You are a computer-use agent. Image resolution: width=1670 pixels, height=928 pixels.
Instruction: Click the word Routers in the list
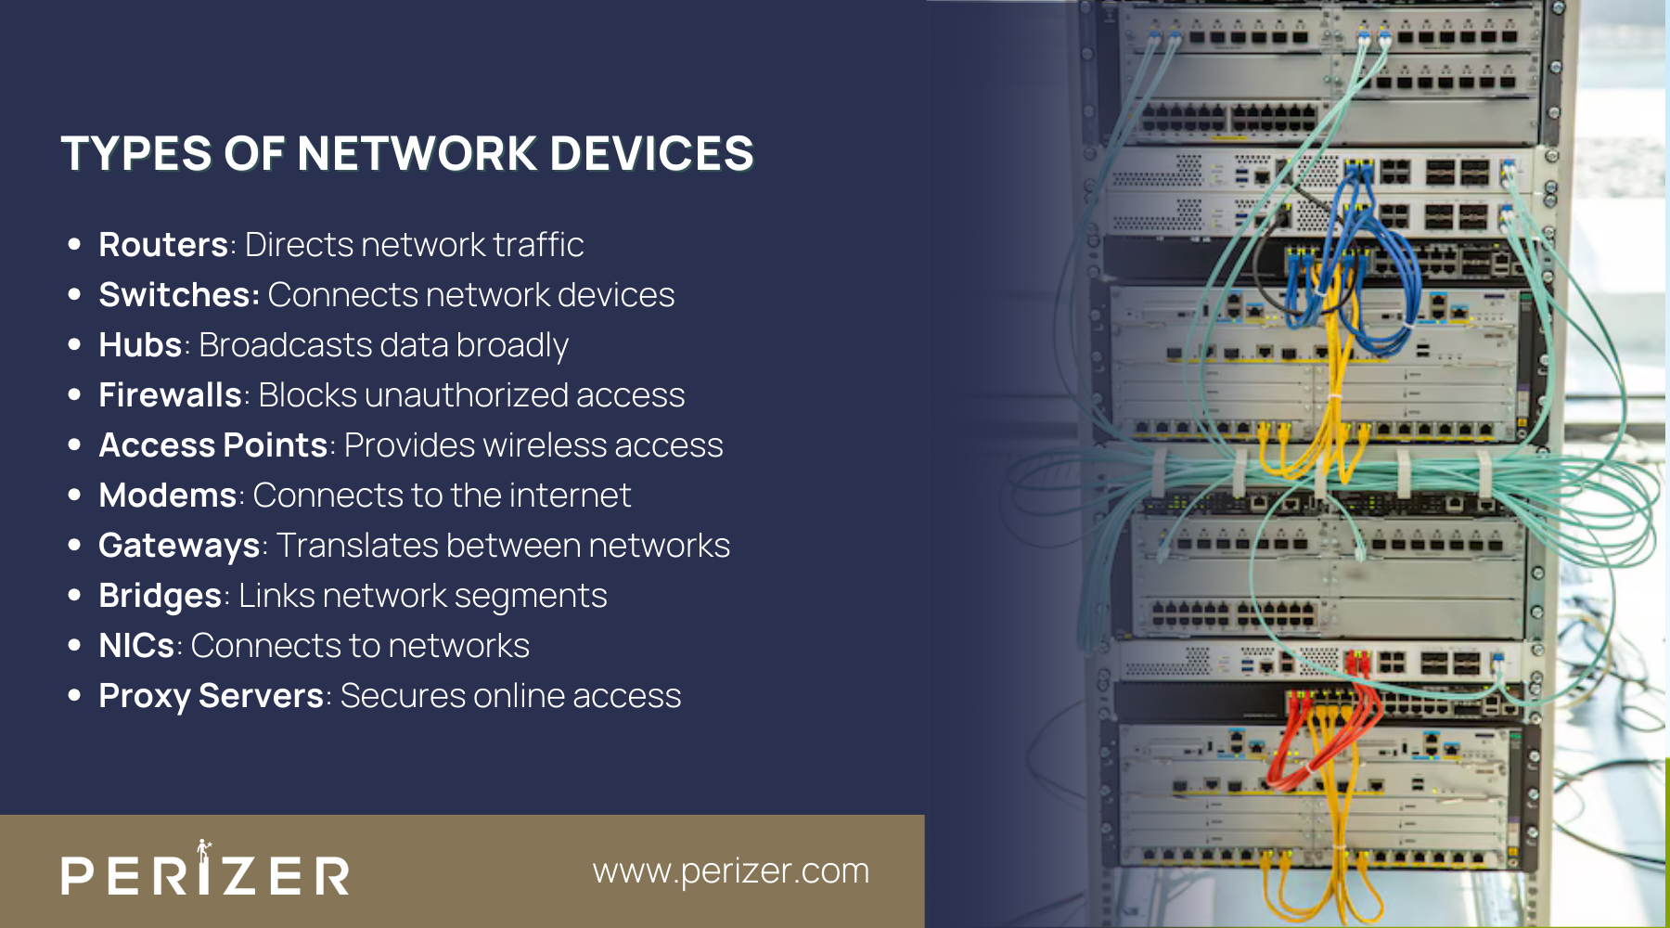163,245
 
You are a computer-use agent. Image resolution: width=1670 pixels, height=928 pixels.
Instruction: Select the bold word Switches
178,295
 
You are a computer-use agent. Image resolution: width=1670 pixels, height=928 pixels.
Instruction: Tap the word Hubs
140,345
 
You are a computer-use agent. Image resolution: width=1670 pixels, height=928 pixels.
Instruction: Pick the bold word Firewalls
170,395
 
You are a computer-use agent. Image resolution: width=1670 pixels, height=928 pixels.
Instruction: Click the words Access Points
213,445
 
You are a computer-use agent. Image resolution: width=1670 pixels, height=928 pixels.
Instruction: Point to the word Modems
168,496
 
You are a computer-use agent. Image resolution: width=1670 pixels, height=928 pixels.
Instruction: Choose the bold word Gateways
179,546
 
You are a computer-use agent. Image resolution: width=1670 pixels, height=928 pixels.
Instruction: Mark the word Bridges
160,596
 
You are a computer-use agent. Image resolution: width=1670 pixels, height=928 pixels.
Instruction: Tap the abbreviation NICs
136,646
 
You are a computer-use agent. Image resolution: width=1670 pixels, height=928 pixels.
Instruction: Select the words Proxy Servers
211,696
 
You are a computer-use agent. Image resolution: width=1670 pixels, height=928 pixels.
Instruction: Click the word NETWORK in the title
417,153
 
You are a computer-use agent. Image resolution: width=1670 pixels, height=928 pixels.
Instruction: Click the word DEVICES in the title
651,153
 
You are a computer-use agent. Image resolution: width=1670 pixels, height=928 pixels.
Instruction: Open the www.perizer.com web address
731,870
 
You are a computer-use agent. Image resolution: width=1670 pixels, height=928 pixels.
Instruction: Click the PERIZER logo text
205,873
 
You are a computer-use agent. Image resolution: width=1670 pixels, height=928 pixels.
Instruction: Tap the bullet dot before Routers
74,245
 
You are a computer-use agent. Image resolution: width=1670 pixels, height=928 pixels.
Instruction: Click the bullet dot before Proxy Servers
74,696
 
